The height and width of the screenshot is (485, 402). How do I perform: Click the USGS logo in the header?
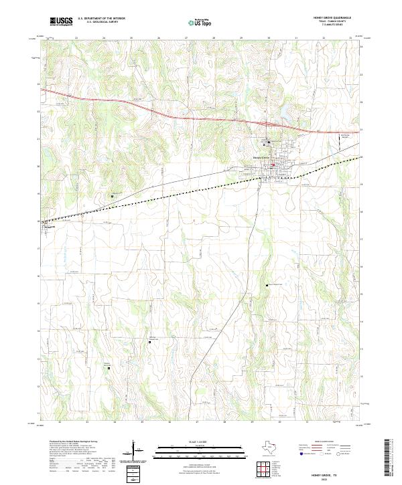pos(61,21)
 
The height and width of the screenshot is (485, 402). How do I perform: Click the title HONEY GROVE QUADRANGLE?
pos(331,17)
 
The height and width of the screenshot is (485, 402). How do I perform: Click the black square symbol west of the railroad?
pos(112,196)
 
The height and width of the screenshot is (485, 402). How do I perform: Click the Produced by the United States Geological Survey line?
pos(73,442)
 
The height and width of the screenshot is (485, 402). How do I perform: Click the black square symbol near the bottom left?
pos(109,367)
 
